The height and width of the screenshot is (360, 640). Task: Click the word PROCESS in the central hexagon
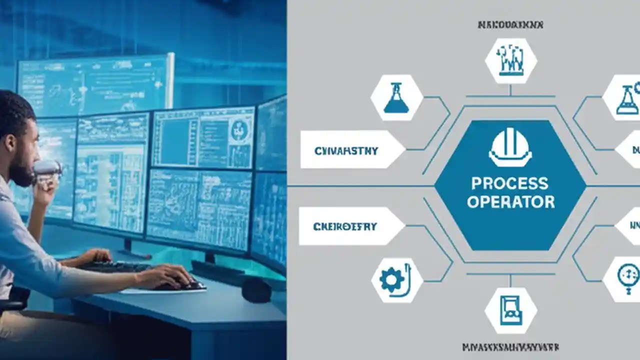509,183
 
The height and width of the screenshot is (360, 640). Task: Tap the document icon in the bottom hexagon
510,310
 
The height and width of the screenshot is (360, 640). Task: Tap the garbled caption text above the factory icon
510,24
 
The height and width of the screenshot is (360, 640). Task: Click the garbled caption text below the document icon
510,347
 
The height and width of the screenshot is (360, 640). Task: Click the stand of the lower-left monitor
127,245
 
